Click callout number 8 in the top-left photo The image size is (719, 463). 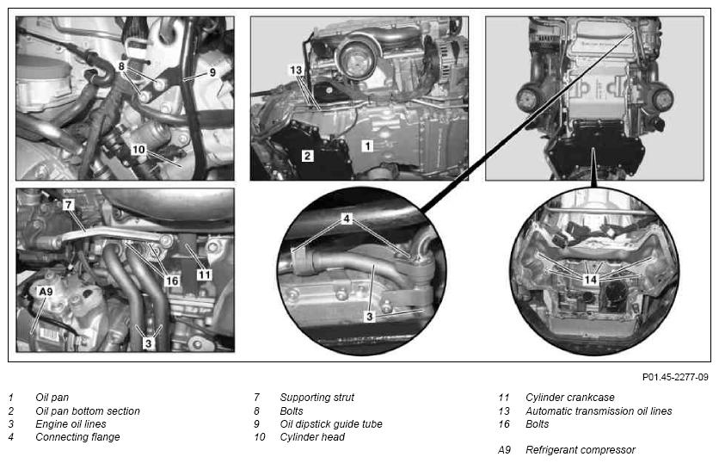pyautogui.click(x=121, y=66)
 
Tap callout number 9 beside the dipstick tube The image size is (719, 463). pyautogui.click(x=212, y=72)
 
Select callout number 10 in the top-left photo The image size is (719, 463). pyautogui.click(x=138, y=150)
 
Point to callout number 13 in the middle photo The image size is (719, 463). pyautogui.click(x=296, y=71)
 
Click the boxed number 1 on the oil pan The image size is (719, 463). pyautogui.click(x=367, y=146)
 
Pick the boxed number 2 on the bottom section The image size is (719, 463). pyautogui.click(x=307, y=156)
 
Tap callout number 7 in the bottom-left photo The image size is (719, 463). pyautogui.click(x=68, y=205)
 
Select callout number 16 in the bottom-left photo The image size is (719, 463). pyautogui.click(x=172, y=281)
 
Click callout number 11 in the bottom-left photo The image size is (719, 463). pyautogui.click(x=205, y=275)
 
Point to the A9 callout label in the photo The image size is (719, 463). pyautogui.click(x=46, y=292)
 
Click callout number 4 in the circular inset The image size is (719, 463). pyautogui.click(x=347, y=219)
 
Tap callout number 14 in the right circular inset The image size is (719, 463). pyautogui.click(x=591, y=280)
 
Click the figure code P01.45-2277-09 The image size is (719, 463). pyautogui.click(x=675, y=377)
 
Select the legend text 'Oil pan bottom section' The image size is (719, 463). pyautogui.click(x=88, y=411)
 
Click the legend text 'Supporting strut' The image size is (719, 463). pyautogui.click(x=317, y=398)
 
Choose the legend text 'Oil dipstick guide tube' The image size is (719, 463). pyautogui.click(x=331, y=424)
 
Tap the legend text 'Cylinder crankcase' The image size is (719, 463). pyautogui.click(x=570, y=398)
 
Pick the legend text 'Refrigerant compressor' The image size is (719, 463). pyautogui.click(x=581, y=450)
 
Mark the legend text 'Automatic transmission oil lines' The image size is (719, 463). pyautogui.click(x=599, y=411)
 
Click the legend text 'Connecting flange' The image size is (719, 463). pyautogui.click(x=77, y=437)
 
